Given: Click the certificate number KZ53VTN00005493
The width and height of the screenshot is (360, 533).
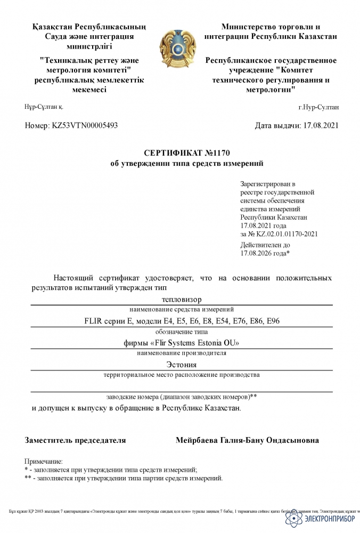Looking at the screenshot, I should [85, 126].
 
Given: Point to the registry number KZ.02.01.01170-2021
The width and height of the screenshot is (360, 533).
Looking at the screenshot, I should [283, 233].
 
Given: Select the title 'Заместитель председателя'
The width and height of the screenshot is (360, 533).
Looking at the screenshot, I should [75, 441].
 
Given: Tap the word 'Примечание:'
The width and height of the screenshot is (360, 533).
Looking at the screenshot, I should [44, 461].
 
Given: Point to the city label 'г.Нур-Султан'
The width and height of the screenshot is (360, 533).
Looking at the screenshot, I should [318, 107].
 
